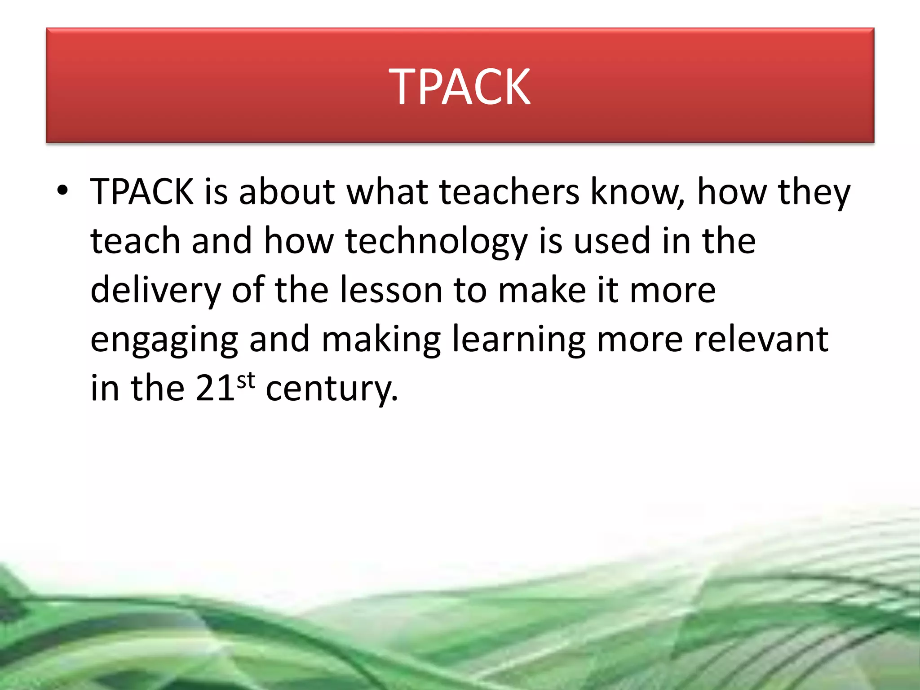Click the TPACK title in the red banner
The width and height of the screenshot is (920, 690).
coord(460,86)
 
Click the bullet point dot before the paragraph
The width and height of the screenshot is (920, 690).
coord(62,190)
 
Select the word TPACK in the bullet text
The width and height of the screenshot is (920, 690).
coord(142,192)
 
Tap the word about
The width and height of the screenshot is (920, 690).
coord(287,192)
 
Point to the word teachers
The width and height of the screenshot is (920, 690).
coord(509,192)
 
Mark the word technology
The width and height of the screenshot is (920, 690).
coord(436,242)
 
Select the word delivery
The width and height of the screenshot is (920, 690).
coord(155,291)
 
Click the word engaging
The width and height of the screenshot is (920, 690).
coord(164,341)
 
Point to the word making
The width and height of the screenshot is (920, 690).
coord(381,341)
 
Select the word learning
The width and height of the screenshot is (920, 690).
coord(519,341)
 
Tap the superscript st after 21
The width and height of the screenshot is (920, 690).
coord(246,381)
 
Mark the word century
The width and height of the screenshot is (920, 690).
coord(332,389)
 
